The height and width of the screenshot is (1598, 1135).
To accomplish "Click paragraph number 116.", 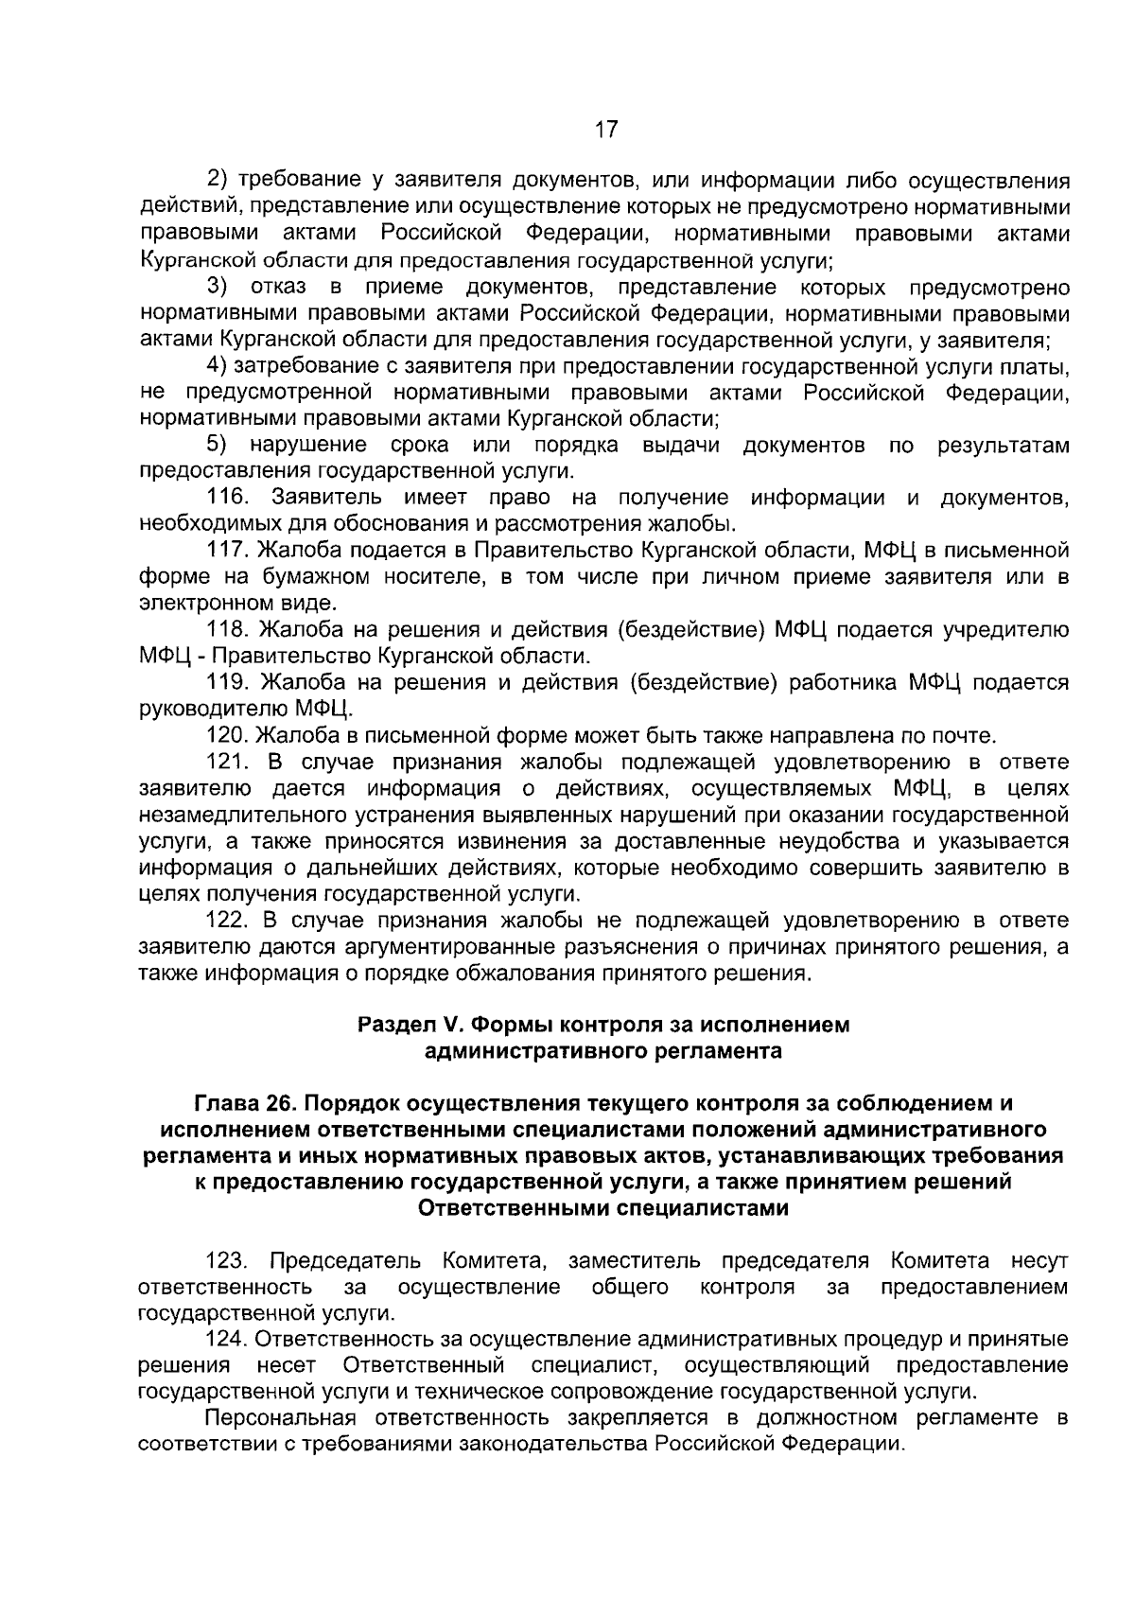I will (x=227, y=498).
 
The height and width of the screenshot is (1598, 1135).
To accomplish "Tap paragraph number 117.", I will (x=227, y=551).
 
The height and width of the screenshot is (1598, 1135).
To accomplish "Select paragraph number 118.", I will (x=227, y=630).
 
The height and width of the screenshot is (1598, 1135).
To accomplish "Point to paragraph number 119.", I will (x=227, y=682).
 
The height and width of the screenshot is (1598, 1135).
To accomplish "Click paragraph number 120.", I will (x=227, y=735).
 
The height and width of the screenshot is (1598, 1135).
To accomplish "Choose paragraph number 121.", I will (x=227, y=762).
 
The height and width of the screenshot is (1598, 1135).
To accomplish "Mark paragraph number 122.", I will (x=227, y=920).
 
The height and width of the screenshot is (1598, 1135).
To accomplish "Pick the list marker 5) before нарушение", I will (x=218, y=445).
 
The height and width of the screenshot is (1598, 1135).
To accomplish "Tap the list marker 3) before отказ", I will (x=218, y=288).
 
